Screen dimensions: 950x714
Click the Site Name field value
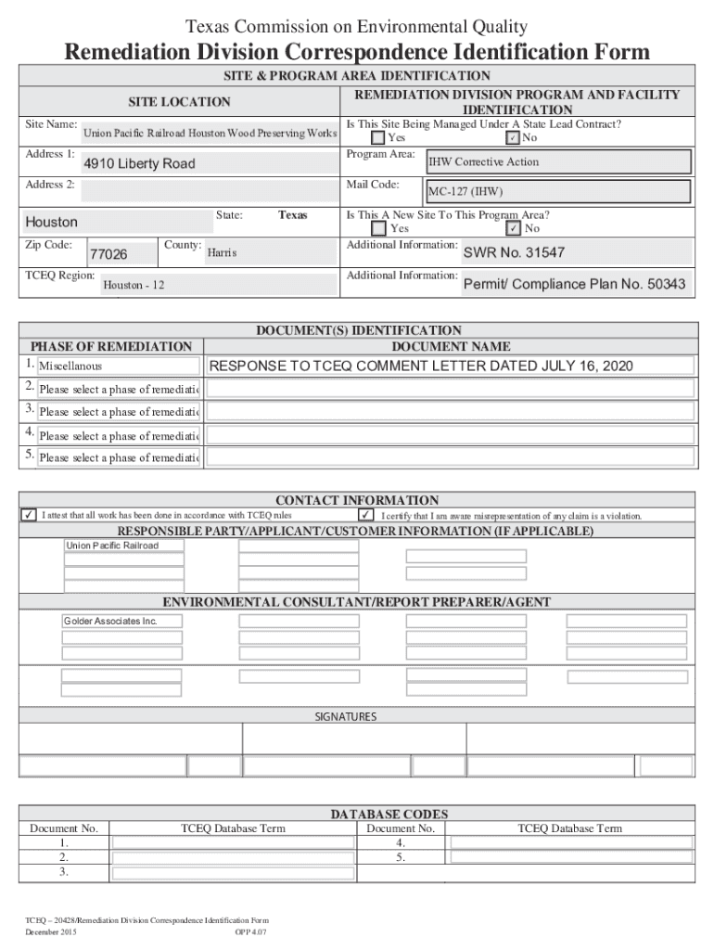(x=210, y=134)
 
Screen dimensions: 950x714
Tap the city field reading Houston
(x=52, y=223)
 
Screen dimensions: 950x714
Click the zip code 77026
(x=108, y=254)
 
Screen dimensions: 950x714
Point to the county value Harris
(x=223, y=252)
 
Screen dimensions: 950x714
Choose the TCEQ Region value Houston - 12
(x=134, y=285)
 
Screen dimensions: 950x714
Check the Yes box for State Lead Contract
(x=378, y=138)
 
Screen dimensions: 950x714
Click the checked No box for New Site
(x=513, y=228)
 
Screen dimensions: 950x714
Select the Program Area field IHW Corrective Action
(x=571, y=161)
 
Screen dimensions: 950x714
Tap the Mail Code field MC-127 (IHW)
(x=557, y=193)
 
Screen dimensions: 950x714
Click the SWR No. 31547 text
(x=514, y=252)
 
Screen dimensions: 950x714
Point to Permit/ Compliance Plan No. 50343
(x=574, y=284)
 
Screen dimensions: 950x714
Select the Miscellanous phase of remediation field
(x=118, y=367)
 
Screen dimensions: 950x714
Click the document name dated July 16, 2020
(x=422, y=366)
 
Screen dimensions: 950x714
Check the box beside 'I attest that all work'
(x=31, y=516)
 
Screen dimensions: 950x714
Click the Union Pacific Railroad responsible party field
(x=123, y=546)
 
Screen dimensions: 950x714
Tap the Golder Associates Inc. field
(x=123, y=620)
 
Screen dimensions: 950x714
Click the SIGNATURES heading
(x=346, y=717)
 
